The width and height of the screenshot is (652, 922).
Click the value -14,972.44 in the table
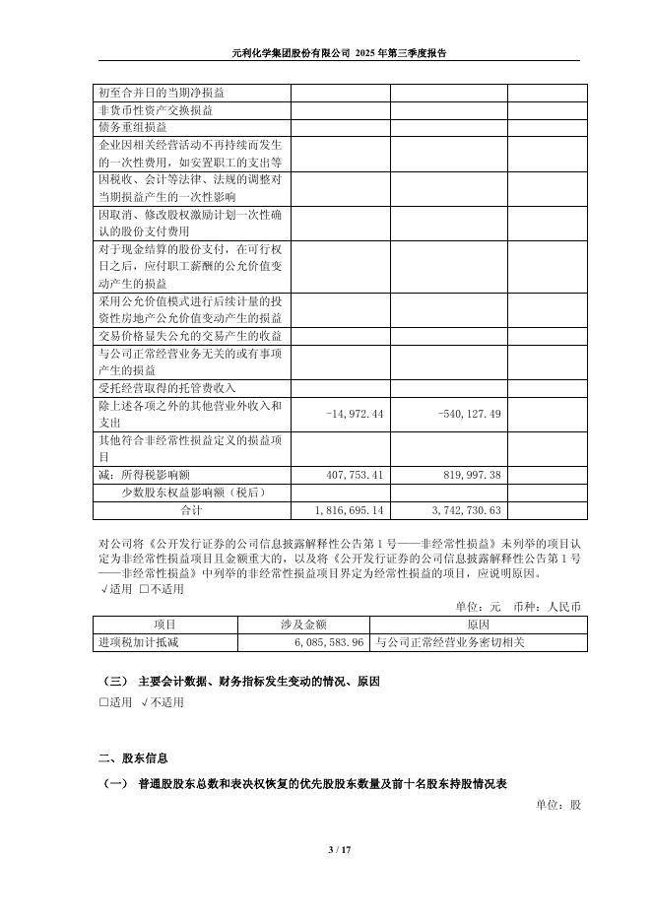[x=354, y=413]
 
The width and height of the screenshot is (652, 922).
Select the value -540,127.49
[x=469, y=413]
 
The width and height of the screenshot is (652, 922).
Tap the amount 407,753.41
[x=354, y=475]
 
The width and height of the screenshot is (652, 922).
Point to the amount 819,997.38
[x=469, y=475]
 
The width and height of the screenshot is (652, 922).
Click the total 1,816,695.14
[x=350, y=510]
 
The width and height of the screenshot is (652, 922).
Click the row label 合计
[x=191, y=510]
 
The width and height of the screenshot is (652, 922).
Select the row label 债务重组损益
[x=132, y=127]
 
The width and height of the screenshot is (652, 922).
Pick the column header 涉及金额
[x=303, y=625]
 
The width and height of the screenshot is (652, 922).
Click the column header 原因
[x=478, y=625]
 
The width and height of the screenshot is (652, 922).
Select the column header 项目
[x=164, y=625]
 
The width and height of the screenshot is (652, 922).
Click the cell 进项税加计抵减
[x=133, y=642]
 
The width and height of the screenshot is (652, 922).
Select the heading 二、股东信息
[x=133, y=758]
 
